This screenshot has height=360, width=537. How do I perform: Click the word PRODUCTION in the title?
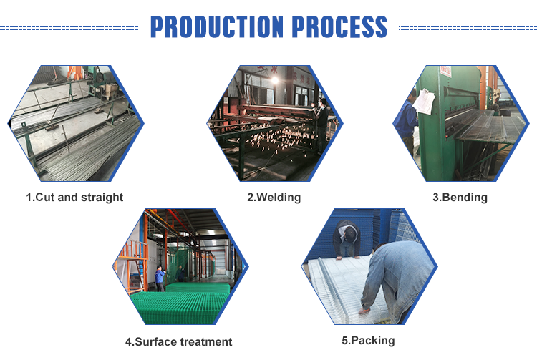pyautogui.click(x=217, y=26)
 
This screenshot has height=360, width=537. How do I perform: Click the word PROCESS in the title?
pyautogui.click(x=339, y=26)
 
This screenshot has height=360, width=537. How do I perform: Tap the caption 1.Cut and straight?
pyautogui.click(x=74, y=198)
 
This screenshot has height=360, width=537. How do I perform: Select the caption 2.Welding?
pyautogui.click(x=274, y=198)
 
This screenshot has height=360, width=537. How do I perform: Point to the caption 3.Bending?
pyautogui.click(x=460, y=198)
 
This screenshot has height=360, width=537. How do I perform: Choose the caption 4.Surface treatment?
pyautogui.click(x=178, y=341)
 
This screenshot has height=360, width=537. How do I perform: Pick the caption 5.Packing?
pyautogui.click(x=368, y=341)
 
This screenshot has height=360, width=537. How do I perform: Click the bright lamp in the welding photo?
pyautogui.click(x=275, y=80)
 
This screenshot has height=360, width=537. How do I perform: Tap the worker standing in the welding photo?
pyautogui.click(x=321, y=126)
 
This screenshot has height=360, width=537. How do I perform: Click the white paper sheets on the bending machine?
pyautogui.click(x=424, y=102)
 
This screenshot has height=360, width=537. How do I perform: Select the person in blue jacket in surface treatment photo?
pyautogui.click(x=160, y=278)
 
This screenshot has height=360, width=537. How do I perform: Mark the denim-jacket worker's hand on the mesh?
pyautogui.click(x=364, y=311)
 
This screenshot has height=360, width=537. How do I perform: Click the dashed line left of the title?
pyautogui.click(x=69, y=28)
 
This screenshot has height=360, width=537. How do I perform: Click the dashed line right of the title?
pyautogui.click(x=468, y=28)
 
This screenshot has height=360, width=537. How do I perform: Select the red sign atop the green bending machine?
pyautogui.click(x=445, y=71)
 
